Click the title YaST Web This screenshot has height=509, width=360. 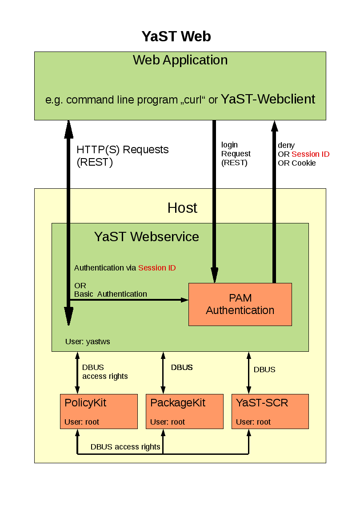tap(176, 36)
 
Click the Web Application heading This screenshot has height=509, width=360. tap(180, 60)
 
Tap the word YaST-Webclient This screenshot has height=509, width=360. tap(268, 99)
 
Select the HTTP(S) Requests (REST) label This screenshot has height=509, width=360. tap(122, 156)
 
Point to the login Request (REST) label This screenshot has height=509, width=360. tap(236, 154)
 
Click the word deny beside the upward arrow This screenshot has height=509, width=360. tap(286, 145)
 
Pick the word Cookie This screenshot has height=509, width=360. tap(304, 163)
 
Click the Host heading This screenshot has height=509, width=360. tap(182, 208)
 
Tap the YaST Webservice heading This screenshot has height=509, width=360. tap(146, 237)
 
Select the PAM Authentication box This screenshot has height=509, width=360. tap(240, 304)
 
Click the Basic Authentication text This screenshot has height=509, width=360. tap(110, 294)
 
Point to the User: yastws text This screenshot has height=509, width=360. tap(88, 342)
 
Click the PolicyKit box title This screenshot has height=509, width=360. tap(85, 403)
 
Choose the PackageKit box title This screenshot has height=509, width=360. tap(178, 403)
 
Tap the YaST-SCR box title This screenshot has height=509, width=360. tap(262, 403)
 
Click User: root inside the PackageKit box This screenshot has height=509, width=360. tap(168, 422)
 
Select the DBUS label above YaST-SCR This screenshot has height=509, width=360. tap(264, 370)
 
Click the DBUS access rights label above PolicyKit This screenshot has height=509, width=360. tap(105, 372)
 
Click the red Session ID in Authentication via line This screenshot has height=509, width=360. tap(157, 268)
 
